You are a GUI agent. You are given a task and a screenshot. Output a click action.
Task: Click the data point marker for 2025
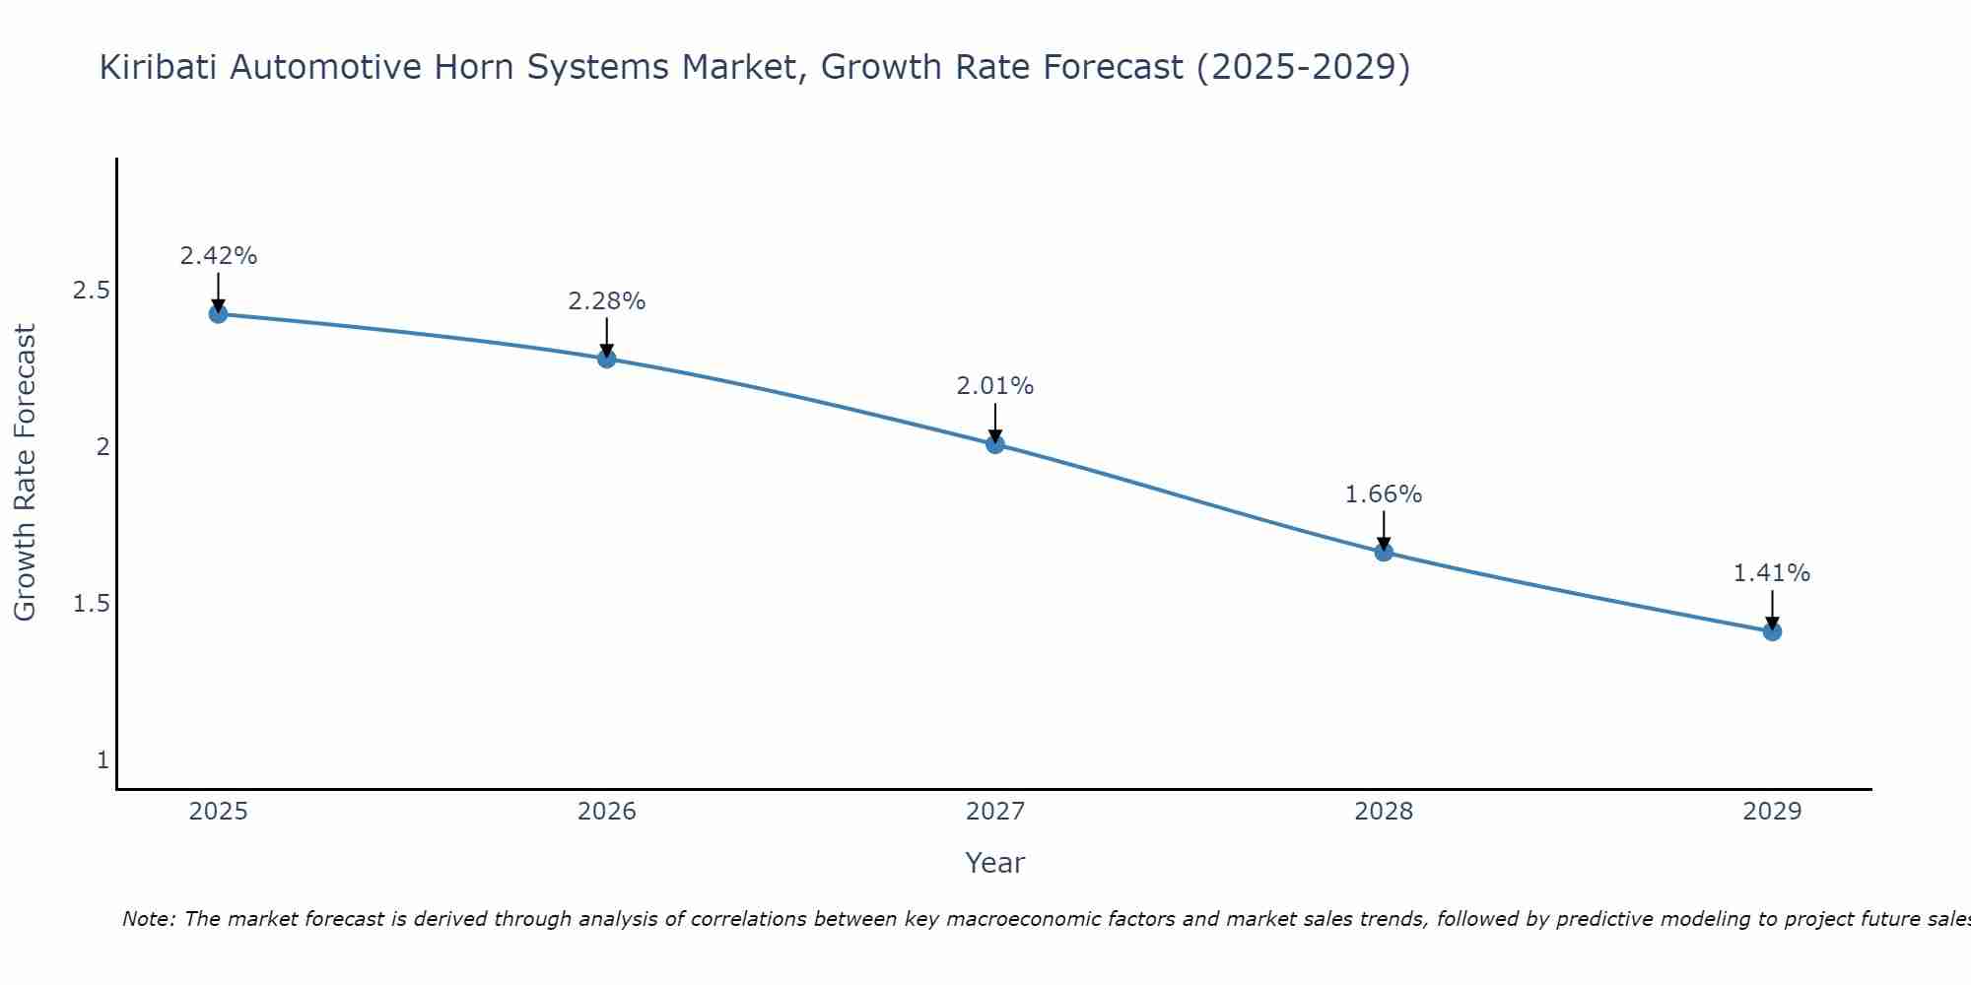pyautogui.click(x=218, y=314)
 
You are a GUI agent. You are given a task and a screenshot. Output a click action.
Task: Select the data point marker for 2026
pyautogui.click(x=607, y=359)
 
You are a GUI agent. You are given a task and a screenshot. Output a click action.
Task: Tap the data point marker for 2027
pyautogui.click(x=995, y=444)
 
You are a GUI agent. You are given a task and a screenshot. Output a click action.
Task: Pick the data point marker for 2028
pyautogui.click(x=1384, y=553)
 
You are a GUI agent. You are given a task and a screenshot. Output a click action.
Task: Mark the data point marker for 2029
pyautogui.click(x=1772, y=631)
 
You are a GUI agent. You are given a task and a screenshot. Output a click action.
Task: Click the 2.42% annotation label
pyautogui.click(x=218, y=256)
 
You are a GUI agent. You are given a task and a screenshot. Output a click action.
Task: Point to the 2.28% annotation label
pyautogui.click(x=607, y=301)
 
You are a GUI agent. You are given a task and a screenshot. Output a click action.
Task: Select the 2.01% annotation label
pyautogui.click(x=995, y=386)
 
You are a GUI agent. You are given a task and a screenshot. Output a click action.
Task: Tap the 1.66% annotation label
pyautogui.click(x=1384, y=494)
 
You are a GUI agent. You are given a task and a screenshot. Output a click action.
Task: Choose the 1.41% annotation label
pyautogui.click(x=1772, y=573)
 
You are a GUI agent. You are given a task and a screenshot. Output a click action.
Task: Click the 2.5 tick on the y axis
pyautogui.click(x=91, y=291)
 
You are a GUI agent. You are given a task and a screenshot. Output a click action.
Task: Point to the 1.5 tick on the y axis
pyautogui.click(x=91, y=604)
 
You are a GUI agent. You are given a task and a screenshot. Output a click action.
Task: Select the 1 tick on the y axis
pyautogui.click(x=102, y=760)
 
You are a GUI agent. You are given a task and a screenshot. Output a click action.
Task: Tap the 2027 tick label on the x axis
pyautogui.click(x=995, y=812)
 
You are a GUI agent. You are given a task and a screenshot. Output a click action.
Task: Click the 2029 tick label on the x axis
pyautogui.click(x=1772, y=812)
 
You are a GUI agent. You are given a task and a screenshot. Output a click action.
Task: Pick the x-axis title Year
pyautogui.click(x=995, y=863)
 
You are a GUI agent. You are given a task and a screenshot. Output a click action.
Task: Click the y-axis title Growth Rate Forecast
pyautogui.click(x=25, y=473)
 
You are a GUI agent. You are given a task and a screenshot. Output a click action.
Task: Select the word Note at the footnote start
pyautogui.click(x=148, y=919)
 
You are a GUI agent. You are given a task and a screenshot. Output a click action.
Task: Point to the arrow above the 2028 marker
pyautogui.click(x=1384, y=530)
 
